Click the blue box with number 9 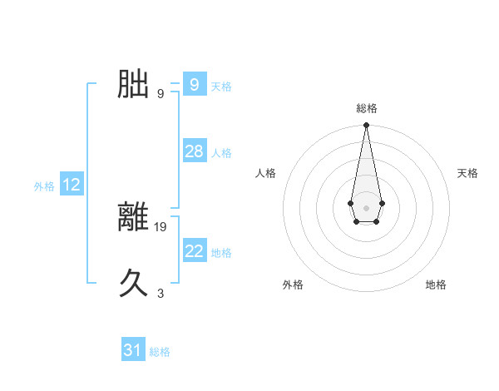click(194, 85)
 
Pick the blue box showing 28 click(194, 151)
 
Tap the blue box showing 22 click(194, 251)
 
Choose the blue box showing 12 click(72, 185)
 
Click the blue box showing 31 click(133, 350)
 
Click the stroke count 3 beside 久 click(161, 293)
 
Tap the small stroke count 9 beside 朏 click(161, 93)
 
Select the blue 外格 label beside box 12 click(44, 186)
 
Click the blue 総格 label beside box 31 click(160, 352)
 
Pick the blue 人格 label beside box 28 click(221, 153)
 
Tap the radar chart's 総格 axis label click(367, 108)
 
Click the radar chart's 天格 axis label click(467, 173)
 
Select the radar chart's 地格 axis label click(436, 285)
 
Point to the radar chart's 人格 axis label click(266, 173)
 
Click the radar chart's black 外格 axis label click(293, 285)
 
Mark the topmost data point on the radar click(366, 126)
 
